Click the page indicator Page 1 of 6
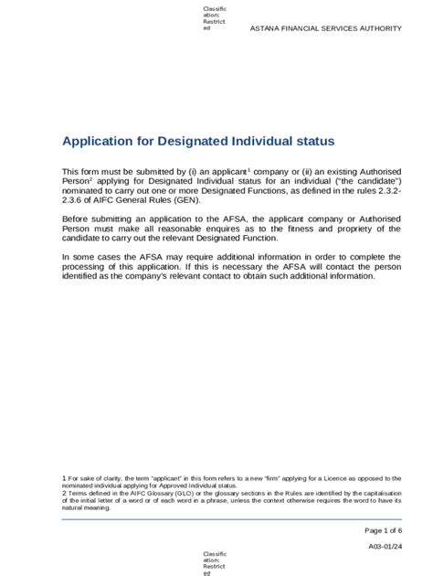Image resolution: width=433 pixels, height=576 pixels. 384,530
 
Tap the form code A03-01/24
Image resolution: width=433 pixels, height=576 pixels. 385,546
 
